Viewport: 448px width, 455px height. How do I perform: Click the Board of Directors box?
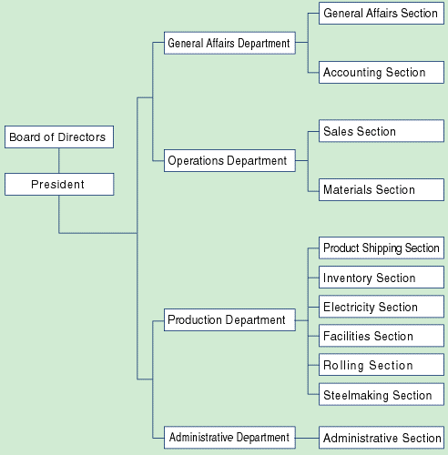(x=59, y=137)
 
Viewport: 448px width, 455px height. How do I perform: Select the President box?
(x=59, y=185)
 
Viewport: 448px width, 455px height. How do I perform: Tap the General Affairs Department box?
(x=229, y=43)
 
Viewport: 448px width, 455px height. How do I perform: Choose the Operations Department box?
(x=229, y=160)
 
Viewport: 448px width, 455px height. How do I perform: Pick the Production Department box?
(x=229, y=320)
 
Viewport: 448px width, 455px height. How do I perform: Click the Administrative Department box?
(x=229, y=438)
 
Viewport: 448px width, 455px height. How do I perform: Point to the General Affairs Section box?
(x=382, y=14)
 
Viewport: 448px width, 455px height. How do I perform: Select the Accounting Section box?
(x=382, y=73)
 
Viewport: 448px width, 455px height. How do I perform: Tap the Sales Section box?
(x=382, y=131)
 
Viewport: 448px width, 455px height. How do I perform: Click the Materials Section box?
(x=382, y=190)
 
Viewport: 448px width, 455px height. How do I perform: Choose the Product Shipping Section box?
(x=382, y=248)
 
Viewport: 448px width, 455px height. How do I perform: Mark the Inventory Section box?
(x=382, y=278)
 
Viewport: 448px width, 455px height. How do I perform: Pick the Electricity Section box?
(x=382, y=307)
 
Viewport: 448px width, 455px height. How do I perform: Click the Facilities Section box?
(x=382, y=336)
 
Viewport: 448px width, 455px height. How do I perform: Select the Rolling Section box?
(x=382, y=365)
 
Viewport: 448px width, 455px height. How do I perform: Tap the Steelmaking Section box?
(x=382, y=394)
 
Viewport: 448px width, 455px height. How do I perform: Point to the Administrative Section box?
(x=382, y=438)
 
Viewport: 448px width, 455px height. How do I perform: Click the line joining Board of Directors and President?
(x=59, y=161)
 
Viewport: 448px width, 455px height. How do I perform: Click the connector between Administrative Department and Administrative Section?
(x=307, y=438)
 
